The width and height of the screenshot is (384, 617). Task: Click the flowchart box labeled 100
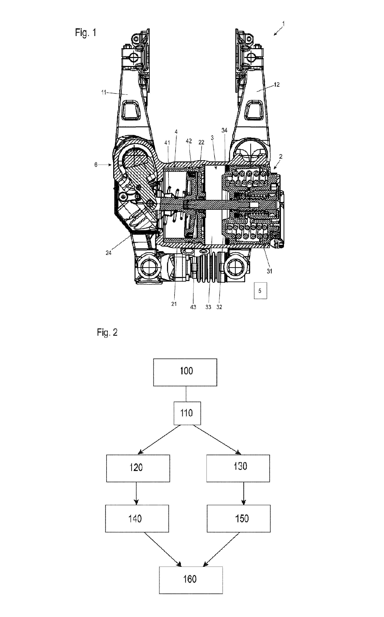(x=185, y=372)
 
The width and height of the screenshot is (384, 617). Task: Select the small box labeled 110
(x=187, y=413)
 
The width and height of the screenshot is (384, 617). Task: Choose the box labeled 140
(x=137, y=519)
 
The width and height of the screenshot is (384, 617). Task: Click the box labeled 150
(x=239, y=519)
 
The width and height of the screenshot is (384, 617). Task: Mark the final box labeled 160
(x=191, y=580)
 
